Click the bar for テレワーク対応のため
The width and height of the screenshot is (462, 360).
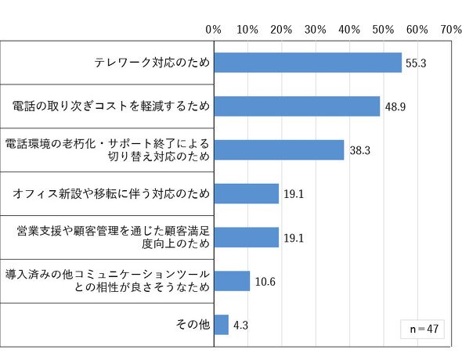point(308,63)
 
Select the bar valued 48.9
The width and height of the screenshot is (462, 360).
point(297,106)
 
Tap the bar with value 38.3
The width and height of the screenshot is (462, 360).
point(279,150)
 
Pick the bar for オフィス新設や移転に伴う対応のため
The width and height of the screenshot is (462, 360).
point(247,193)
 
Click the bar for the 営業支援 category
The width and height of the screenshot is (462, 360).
point(247,237)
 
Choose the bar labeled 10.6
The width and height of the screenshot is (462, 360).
point(232,281)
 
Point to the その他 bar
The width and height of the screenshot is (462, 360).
point(222,325)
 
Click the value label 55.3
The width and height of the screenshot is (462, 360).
point(416,63)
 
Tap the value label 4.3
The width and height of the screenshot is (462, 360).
point(240,326)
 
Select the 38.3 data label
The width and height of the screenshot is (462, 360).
point(359,150)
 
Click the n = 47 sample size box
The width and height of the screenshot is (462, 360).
point(423,329)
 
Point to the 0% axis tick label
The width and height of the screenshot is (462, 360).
point(213,30)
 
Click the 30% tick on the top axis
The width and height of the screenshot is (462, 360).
point(316,30)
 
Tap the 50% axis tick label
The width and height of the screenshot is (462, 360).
point(383,30)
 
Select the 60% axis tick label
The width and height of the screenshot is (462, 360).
point(417,30)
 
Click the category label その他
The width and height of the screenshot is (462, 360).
point(193,324)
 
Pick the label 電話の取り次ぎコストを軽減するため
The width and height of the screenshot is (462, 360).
point(111,106)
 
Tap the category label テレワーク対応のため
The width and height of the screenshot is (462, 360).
point(152,63)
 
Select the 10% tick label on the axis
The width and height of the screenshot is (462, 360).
point(247,30)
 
